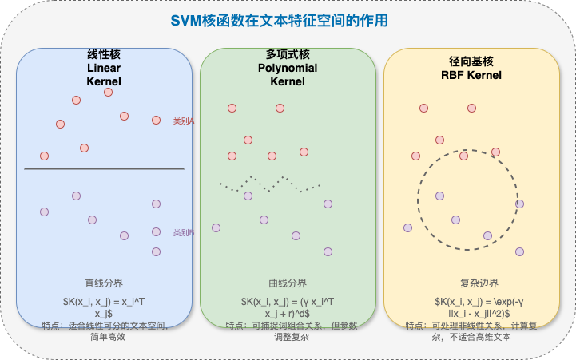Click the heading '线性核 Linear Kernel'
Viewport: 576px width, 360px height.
[104, 69]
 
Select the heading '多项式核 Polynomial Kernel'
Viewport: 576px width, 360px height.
[288, 69]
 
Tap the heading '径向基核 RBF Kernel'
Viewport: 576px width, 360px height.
[471, 69]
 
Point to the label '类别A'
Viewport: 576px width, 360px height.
[185, 121]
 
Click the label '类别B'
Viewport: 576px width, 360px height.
[185, 233]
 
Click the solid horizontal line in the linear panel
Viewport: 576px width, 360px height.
[104, 168]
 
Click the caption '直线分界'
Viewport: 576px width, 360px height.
[104, 283]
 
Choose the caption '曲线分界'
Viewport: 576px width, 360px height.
[288, 283]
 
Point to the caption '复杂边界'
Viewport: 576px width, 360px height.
[471, 283]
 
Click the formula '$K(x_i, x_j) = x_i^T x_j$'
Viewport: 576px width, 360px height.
[104, 307]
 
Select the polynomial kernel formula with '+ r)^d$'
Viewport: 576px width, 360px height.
[288, 307]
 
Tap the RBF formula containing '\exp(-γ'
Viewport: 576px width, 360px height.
[471, 307]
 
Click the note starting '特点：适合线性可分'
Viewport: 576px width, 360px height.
[104, 331]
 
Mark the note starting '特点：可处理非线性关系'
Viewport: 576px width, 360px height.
[471, 331]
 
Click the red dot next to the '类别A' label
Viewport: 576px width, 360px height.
[156, 121]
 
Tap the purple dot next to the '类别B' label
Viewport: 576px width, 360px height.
[156, 232]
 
